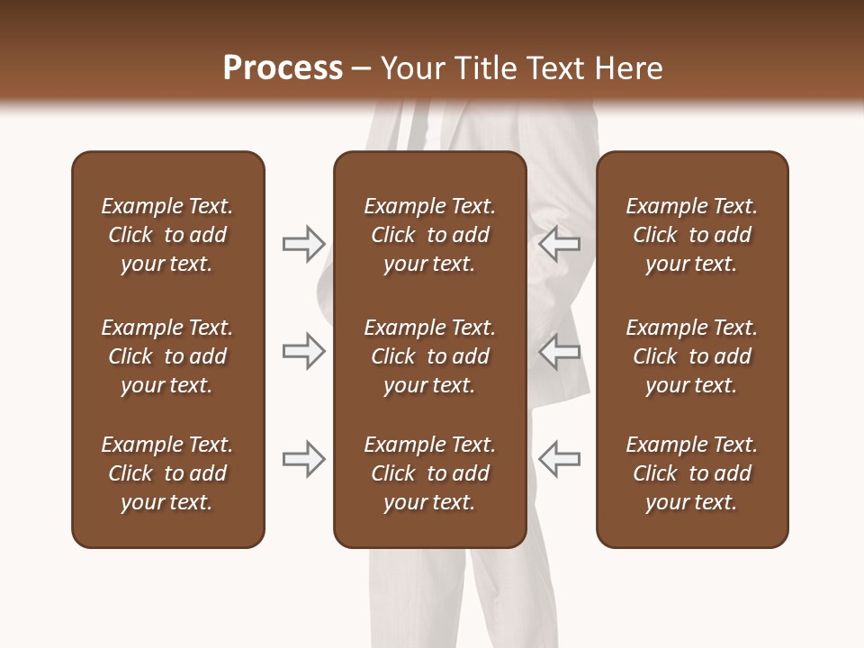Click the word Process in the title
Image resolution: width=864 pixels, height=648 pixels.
coord(283,68)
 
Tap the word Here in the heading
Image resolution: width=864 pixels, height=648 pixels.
coord(629,68)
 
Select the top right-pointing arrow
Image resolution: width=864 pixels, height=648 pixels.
coord(304,243)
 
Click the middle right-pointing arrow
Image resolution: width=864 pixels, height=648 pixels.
coord(304,351)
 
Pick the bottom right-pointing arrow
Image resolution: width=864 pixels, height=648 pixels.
coord(304,459)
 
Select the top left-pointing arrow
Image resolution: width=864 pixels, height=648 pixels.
coord(559,243)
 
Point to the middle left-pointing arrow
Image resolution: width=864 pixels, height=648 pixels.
coord(559,351)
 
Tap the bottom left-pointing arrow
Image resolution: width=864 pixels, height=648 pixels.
coord(559,459)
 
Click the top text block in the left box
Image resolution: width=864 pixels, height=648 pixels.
coord(167,235)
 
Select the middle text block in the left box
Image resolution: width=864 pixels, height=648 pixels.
coord(167,356)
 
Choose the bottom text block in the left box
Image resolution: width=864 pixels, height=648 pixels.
coord(167,473)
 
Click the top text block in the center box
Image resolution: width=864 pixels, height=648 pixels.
coord(429,235)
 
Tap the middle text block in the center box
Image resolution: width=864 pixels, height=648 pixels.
coord(429,356)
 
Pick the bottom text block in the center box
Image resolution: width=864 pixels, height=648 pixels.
coord(429,473)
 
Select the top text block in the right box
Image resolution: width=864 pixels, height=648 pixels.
coord(692,235)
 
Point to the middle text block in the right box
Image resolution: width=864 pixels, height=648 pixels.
coord(692,356)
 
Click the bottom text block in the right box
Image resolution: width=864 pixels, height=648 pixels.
coord(692,473)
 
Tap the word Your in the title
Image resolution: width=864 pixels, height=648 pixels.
coord(413,68)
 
